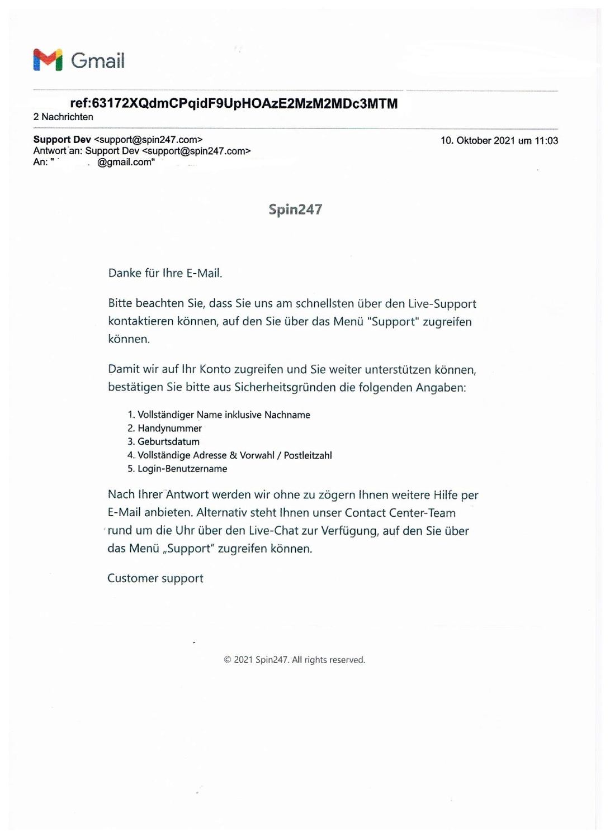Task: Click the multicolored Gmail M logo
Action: [x=48, y=60]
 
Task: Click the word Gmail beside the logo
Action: [x=98, y=60]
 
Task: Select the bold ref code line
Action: [x=234, y=103]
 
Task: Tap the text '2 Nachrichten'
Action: [x=63, y=117]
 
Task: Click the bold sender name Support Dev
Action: [x=62, y=140]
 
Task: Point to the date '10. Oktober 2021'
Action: [x=477, y=141]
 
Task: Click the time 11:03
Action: [x=546, y=141]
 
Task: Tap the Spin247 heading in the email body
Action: [x=295, y=209]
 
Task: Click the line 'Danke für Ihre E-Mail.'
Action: [x=165, y=273]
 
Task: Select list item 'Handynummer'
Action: [x=169, y=428]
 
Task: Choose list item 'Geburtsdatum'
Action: [x=168, y=442]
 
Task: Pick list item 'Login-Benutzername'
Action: [x=182, y=469]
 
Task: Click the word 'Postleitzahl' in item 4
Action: [x=308, y=455]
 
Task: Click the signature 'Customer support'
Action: [x=155, y=578]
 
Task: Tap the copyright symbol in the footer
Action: [x=228, y=660]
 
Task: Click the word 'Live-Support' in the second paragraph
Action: [x=442, y=304]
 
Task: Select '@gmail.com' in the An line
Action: [x=126, y=162]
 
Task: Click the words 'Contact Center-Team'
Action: [x=400, y=513]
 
